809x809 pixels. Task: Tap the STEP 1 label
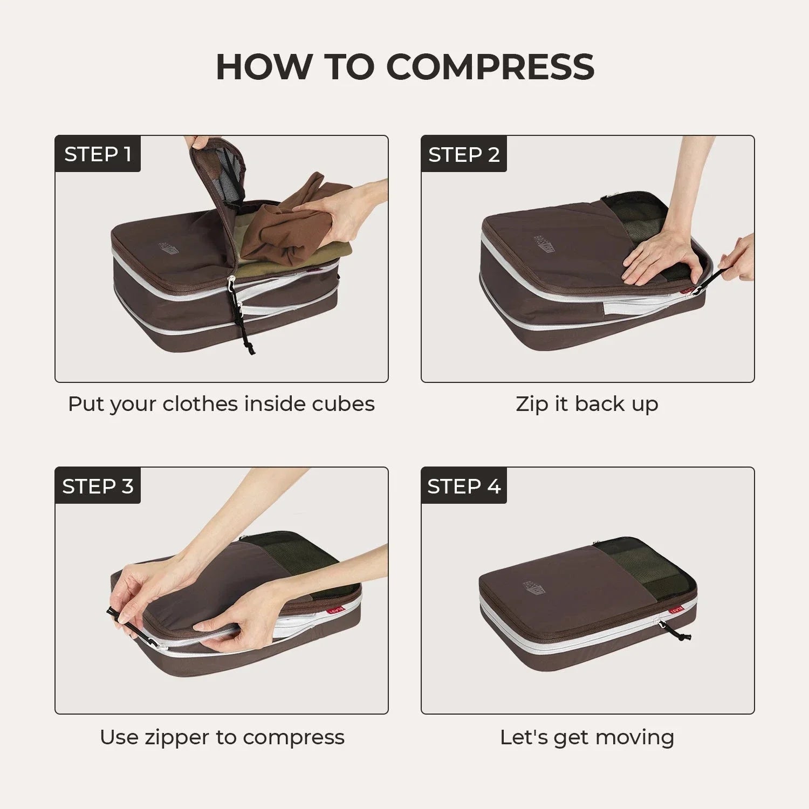click(98, 154)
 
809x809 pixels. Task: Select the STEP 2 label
click(464, 154)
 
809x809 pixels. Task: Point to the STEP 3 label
click(98, 486)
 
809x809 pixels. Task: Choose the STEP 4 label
click(464, 486)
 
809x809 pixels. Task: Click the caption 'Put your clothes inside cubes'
click(221, 404)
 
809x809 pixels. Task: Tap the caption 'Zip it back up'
click(587, 404)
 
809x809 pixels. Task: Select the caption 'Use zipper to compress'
click(222, 737)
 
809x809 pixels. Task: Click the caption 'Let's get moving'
click(587, 737)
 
